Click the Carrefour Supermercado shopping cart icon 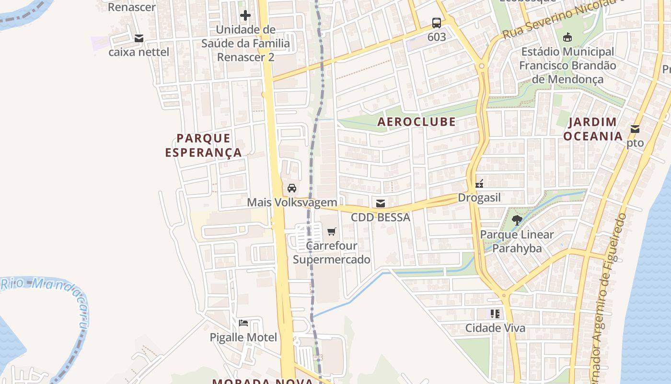tap(331, 232)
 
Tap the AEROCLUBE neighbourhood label tap(416, 121)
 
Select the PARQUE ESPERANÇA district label tap(204, 145)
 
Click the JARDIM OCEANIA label tap(592, 129)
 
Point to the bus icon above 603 tap(436, 23)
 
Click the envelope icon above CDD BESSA tap(380, 204)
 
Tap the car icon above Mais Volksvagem tap(291, 188)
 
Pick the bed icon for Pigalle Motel tap(243, 323)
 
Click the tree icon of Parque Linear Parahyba tap(517, 220)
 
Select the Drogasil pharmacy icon tap(479, 183)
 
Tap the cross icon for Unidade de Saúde tap(245, 15)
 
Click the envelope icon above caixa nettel tap(139, 38)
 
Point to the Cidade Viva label tap(495, 328)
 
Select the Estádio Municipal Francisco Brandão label tap(567, 65)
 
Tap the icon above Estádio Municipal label tap(567, 37)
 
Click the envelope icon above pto tap(635, 129)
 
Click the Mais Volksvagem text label tap(292, 202)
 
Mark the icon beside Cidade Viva tap(495, 314)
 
